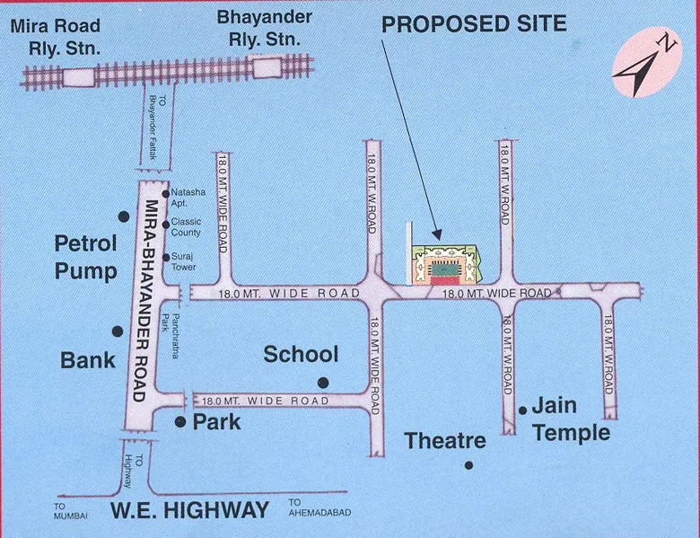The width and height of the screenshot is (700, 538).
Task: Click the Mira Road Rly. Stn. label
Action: click(x=55, y=37)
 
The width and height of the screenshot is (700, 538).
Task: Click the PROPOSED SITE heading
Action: click(x=474, y=23)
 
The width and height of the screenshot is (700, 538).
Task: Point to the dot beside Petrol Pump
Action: click(x=124, y=216)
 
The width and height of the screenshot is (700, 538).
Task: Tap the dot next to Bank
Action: click(x=117, y=331)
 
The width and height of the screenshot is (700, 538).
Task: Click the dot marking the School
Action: click(x=323, y=383)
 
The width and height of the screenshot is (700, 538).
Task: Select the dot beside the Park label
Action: click(x=180, y=421)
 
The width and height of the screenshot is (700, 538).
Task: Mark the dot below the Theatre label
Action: click(x=468, y=464)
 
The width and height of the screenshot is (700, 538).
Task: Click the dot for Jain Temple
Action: click(x=522, y=410)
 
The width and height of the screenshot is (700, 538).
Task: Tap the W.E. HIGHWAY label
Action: click(x=189, y=511)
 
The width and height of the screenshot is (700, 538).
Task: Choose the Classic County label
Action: click(x=188, y=226)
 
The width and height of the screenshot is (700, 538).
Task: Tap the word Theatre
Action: click(x=445, y=441)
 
